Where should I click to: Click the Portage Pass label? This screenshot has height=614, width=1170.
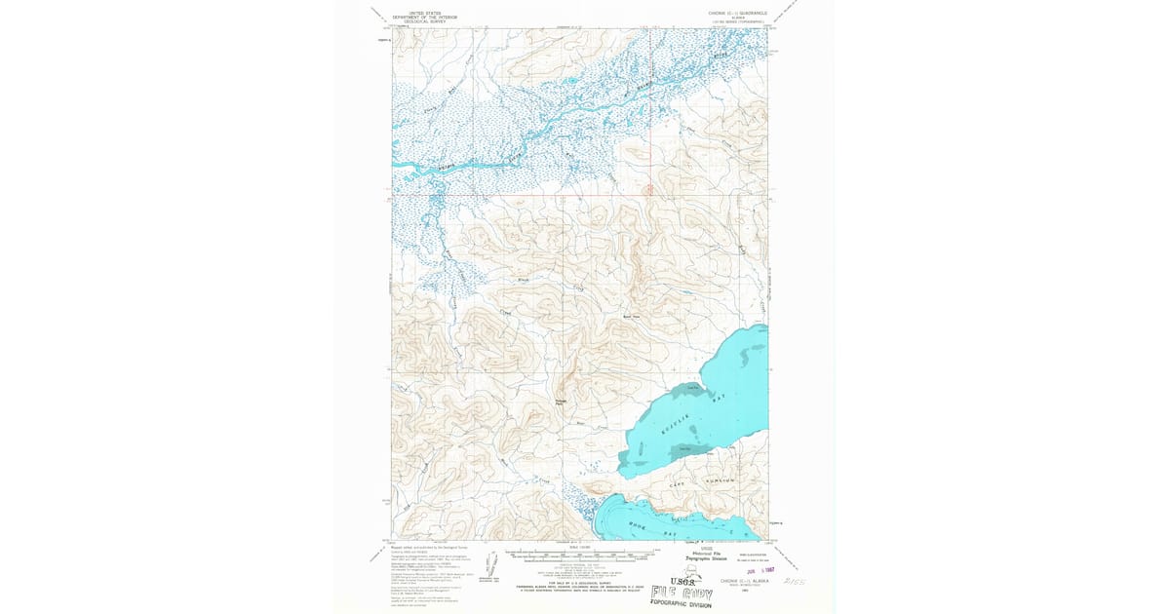(561, 403)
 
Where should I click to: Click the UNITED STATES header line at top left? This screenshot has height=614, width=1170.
(424, 13)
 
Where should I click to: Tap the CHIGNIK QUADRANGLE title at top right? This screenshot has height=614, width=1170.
(738, 13)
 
